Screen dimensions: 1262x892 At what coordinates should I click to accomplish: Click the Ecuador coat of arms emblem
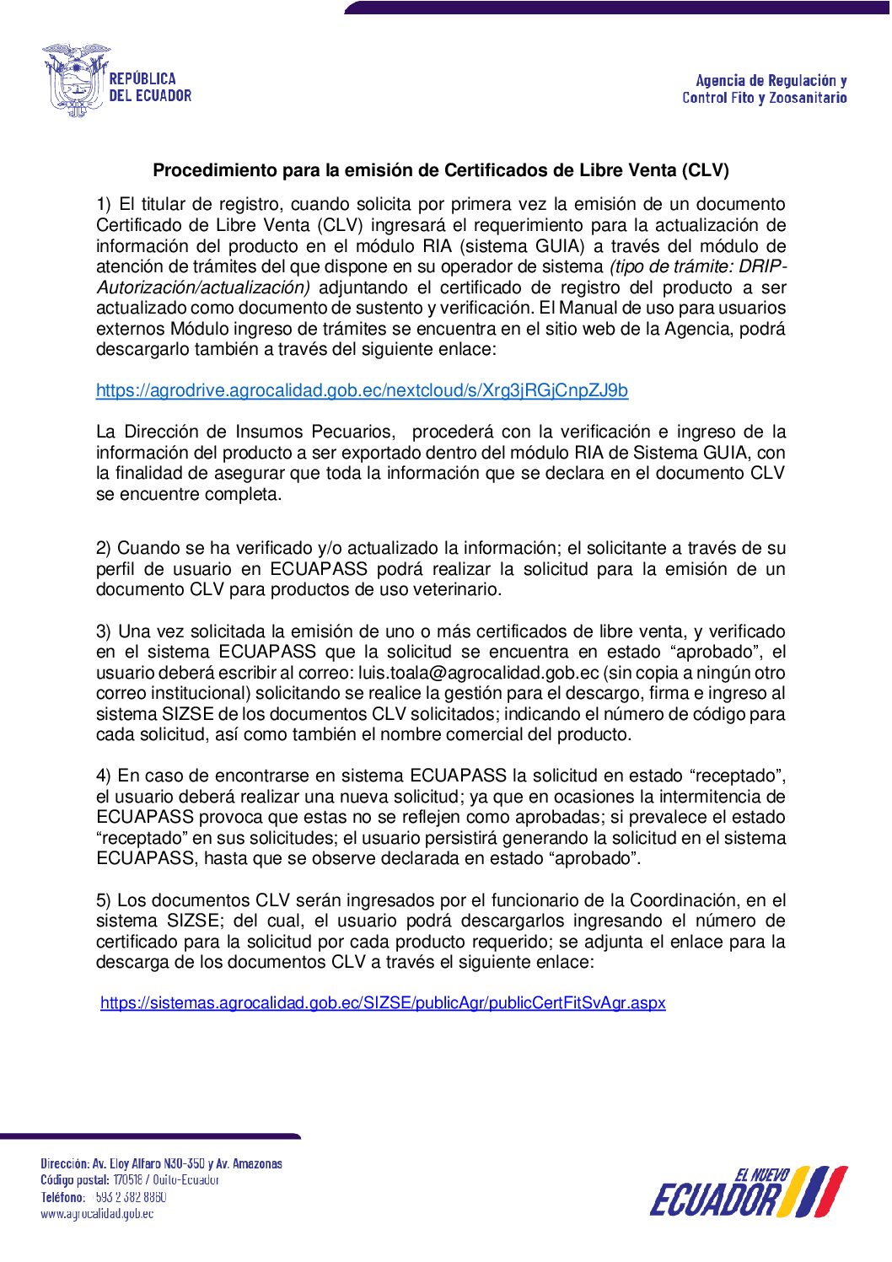point(75,79)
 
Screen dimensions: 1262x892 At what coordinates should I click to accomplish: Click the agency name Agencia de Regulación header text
point(765,89)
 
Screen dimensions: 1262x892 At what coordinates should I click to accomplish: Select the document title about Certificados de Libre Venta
point(440,170)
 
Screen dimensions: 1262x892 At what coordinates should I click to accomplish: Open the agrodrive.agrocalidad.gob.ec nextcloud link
point(362,390)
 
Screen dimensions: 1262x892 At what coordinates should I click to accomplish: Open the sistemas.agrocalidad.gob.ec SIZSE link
point(383,1003)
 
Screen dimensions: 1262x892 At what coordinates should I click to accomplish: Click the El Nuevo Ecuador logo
point(748,1192)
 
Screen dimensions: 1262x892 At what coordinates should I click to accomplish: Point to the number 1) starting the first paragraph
point(104,204)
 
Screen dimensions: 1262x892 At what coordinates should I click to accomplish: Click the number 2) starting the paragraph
point(104,548)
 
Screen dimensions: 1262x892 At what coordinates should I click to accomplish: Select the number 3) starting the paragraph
point(104,631)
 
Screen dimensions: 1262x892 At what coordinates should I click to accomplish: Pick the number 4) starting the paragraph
point(104,776)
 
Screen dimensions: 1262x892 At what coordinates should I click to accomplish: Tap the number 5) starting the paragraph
point(104,900)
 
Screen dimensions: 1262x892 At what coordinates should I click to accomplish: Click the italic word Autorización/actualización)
point(203,287)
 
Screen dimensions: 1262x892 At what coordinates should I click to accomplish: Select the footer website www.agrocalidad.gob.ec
point(97,1214)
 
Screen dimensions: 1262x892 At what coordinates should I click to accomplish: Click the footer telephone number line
point(104,1197)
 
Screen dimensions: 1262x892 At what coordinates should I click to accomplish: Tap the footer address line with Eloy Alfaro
point(161,1163)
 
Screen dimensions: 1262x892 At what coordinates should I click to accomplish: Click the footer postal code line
point(130,1180)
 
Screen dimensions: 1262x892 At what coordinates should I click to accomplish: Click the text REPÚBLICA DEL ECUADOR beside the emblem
point(150,87)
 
